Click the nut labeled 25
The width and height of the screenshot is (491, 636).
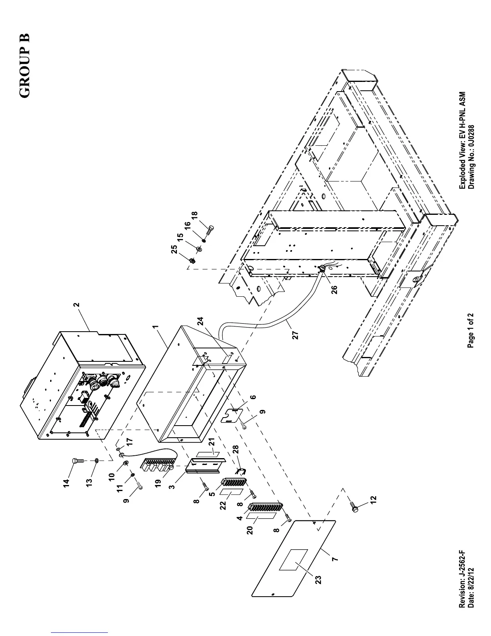(192, 260)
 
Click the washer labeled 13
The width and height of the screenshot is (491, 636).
(97, 461)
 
